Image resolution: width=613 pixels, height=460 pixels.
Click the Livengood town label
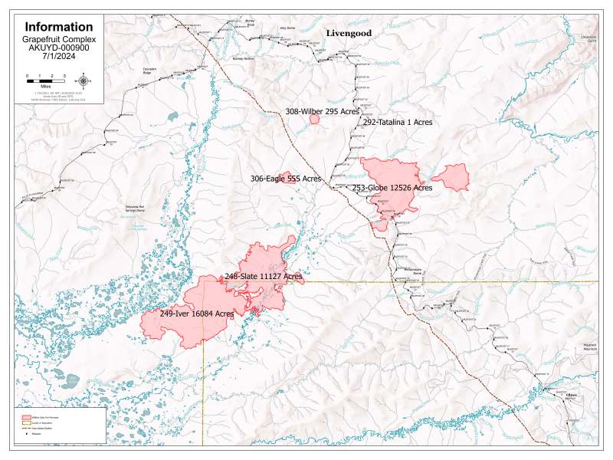[x=349, y=34]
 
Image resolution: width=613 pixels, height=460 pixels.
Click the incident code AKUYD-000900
[x=58, y=48]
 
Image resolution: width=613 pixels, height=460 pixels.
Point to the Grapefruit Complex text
[x=58, y=38]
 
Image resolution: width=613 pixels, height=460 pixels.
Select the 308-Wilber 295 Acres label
[x=323, y=111]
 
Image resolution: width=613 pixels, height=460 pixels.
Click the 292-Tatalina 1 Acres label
[x=398, y=122]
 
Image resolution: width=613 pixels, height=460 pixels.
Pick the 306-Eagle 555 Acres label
[x=286, y=179]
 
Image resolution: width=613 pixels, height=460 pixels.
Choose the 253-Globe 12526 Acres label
[x=392, y=188]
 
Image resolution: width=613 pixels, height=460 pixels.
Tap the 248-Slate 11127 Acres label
[x=263, y=275]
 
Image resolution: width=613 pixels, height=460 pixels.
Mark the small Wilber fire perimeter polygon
[x=314, y=119]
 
